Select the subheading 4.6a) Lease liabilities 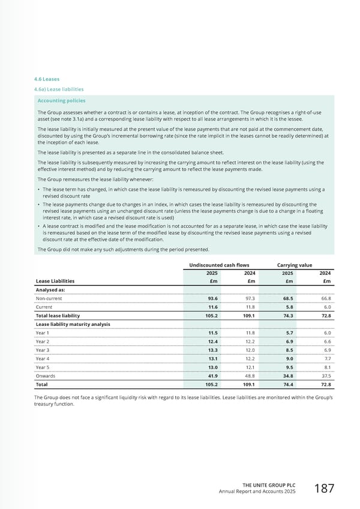[60, 89]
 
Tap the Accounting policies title [61, 101]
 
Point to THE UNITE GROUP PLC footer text [269, 484]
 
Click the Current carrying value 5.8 [288, 307]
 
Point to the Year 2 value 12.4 [212, 341]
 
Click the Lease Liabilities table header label [55, 280]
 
